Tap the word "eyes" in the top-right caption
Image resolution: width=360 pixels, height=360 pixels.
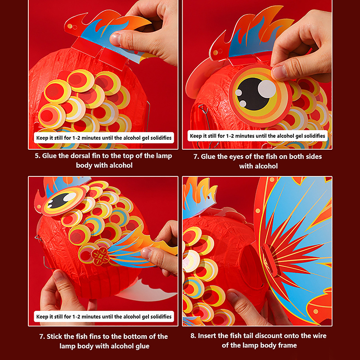click(x=237, y=157)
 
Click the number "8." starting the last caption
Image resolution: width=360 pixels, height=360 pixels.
click(x=193, y=336)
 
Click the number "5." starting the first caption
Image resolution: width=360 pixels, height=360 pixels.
click(x=38, y=156)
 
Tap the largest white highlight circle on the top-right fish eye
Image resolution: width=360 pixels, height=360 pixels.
click(x=267, y=88)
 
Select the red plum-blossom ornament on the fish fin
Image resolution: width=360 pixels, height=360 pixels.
click(x=100, y=256)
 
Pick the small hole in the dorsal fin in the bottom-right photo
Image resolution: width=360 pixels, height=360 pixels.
click(x=209, y=198)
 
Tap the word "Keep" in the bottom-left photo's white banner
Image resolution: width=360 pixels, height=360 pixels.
click(x=42, y=317)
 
